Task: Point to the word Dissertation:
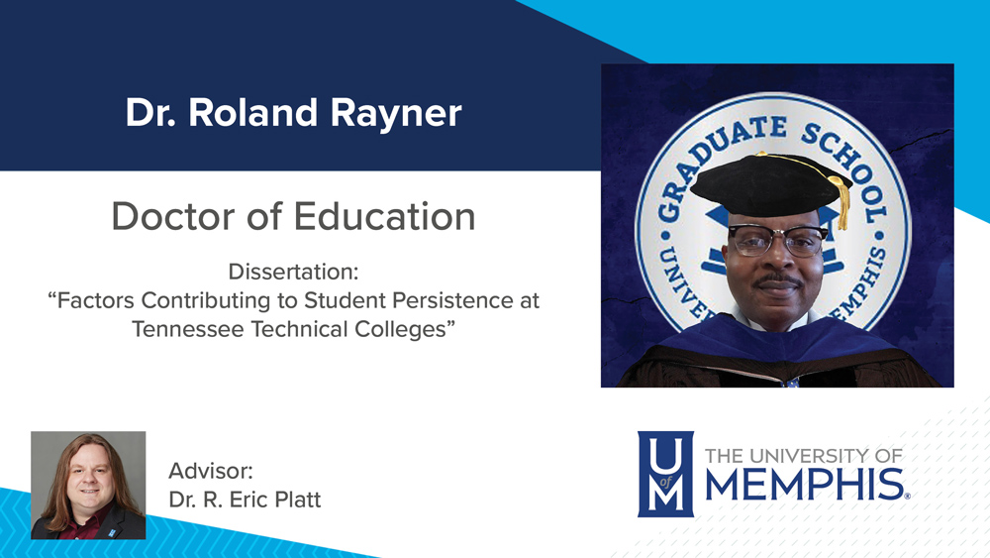pyautogui.click(x=294, y=271)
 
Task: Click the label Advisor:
pyautogui.click(x=211, y=470)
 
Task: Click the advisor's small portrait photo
pyautogui.click(x=88, y=485)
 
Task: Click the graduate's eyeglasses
pyautogui.click(x=777, y=239)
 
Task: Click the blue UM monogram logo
pyautogui.click(x=664, y=473)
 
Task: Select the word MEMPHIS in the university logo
pyautogui.click(x=805, y=486)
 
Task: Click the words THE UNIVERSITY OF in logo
pyautogui.click(x=803, y=456)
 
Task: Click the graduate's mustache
pyautogui.click(x=778, y=283)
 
